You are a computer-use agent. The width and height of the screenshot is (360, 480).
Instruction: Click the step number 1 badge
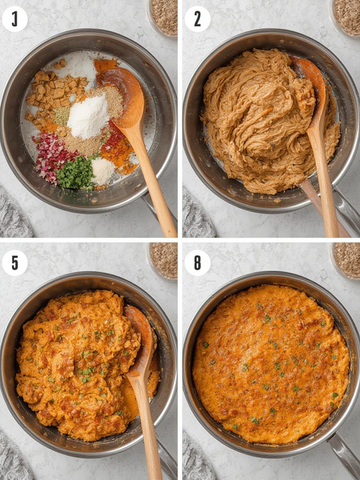pos(15,19)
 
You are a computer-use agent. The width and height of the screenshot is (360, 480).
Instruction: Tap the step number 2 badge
pos(197,19)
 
